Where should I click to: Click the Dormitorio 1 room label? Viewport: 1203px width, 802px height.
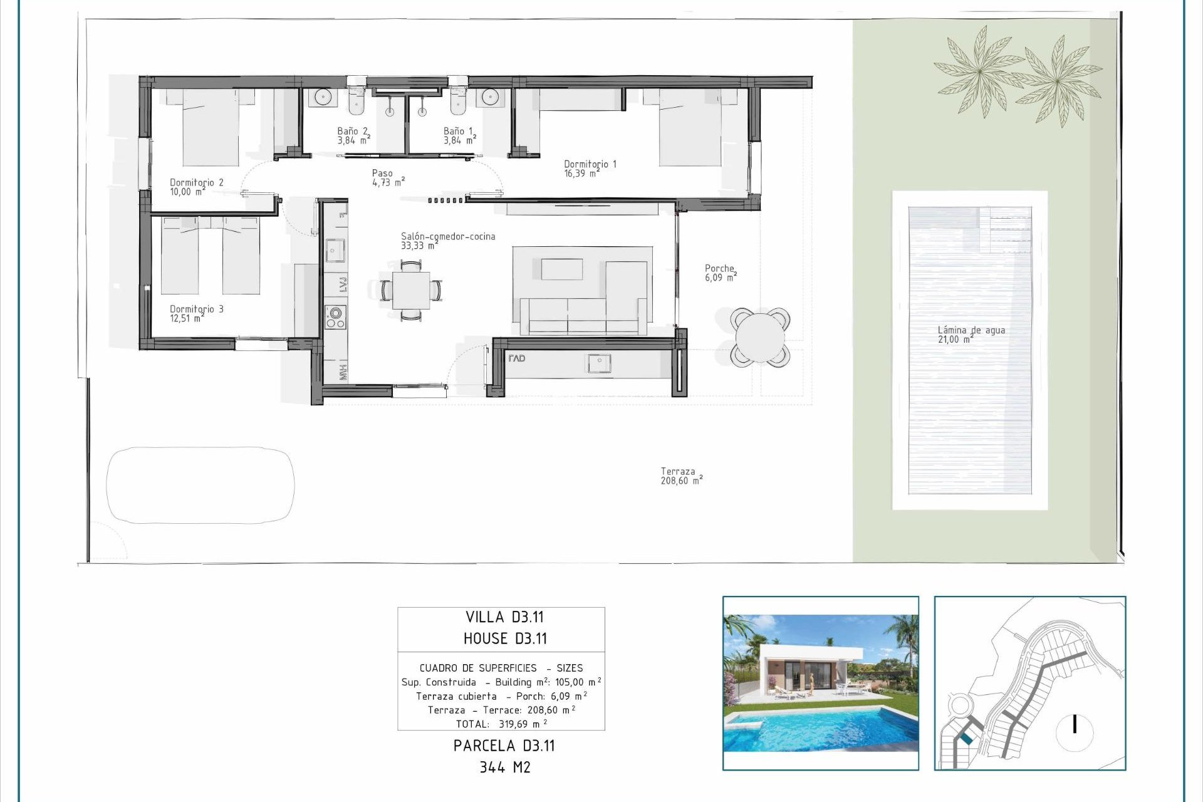click(590, 169)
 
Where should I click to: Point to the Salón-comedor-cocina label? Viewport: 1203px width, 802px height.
click(447, 241)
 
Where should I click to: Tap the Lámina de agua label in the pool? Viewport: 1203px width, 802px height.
click(971, 335)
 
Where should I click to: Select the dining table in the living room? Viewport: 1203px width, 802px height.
click(411, 290)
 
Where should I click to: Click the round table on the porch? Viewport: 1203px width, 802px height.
click(759, 337)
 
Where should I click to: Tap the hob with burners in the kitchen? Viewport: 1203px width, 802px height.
click(335, 317)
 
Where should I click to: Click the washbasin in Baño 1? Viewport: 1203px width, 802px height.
click(491, 97)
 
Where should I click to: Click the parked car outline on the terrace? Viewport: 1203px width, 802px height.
click(200, 485)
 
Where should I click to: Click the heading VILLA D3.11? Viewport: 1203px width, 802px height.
click(504, 617)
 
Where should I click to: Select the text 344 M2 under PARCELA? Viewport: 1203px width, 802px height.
click(504, 768)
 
